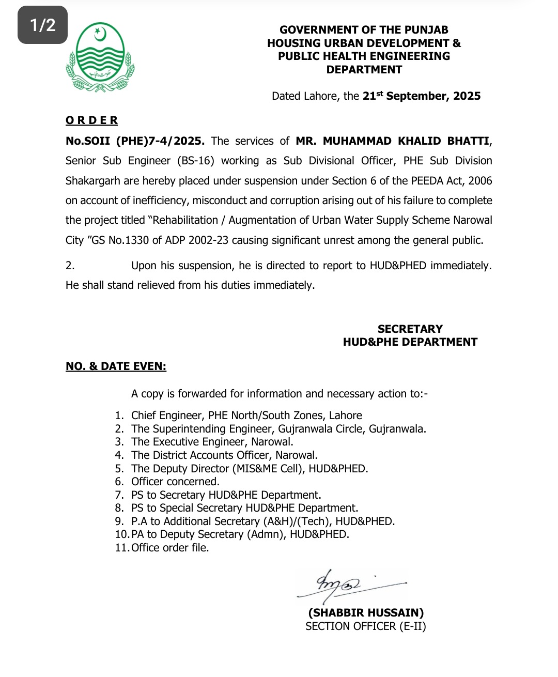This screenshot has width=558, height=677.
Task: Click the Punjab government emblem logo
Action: click(100, 57)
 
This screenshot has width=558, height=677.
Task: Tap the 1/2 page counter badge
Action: click(42, 25)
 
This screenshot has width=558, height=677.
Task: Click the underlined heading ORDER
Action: click(91, 120)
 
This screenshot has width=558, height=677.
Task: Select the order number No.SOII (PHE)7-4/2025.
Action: click(135, 141)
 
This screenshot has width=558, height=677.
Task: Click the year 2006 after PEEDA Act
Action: click(480, 181)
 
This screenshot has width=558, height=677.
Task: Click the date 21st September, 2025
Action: click(421, 96)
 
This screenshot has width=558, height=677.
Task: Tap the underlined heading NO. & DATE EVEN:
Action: click(116, 366)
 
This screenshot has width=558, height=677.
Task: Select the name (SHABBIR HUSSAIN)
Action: click(366, 613)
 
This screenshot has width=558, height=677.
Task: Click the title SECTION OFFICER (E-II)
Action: click(365, 626)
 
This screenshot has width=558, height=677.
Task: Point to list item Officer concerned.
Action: click(175, 482)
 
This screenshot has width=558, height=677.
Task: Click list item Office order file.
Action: click(170, 548)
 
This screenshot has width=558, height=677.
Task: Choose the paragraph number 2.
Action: click(70, 266)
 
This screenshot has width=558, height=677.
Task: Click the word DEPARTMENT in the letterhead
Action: click(364, 70)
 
